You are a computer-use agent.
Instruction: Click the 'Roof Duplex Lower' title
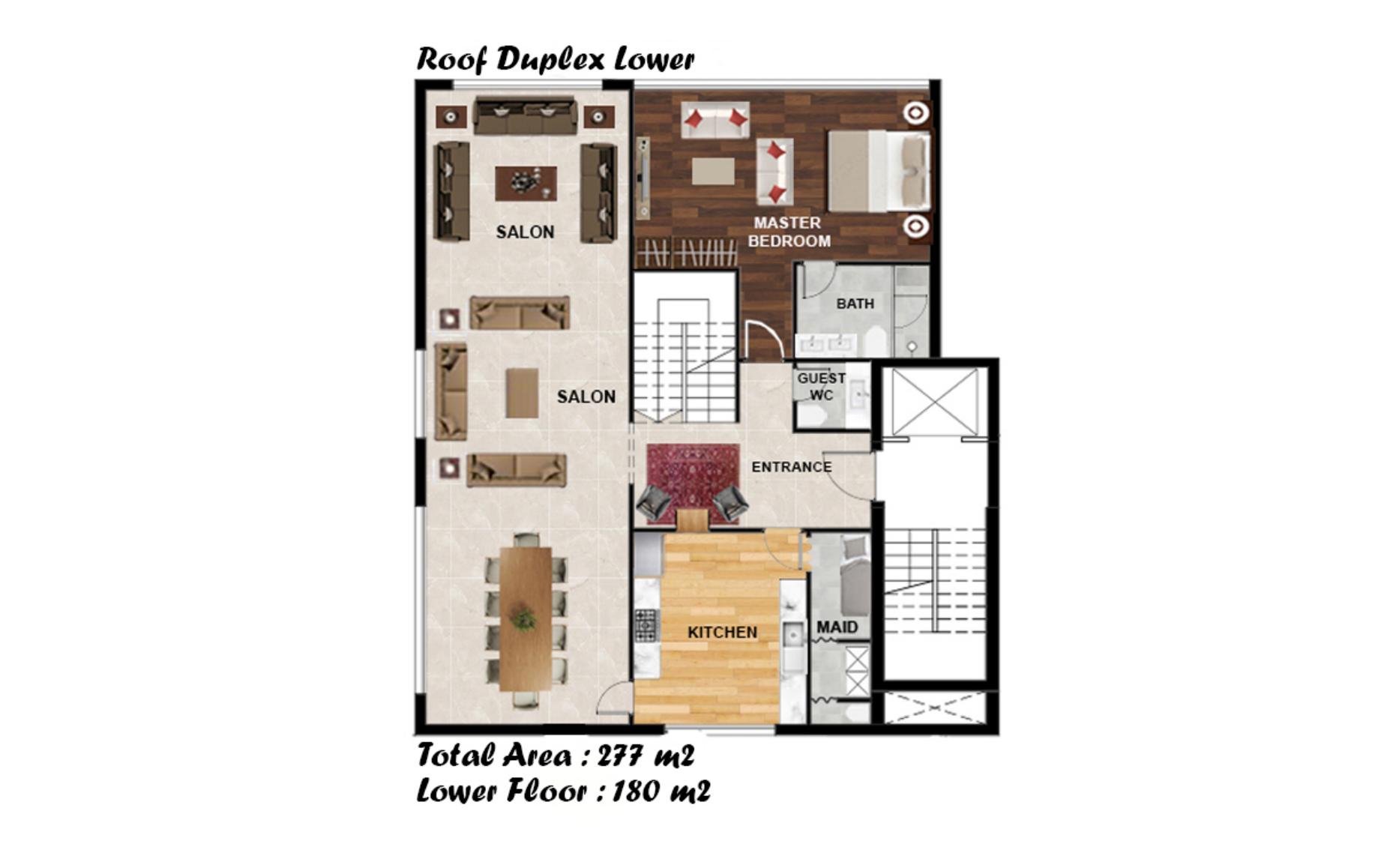pyautogui.click(x=556, y=59)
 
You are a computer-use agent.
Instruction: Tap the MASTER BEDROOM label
pyautogui.click(x=789, y=232)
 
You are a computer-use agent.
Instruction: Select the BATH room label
pyautogui.click(x=855, y=304)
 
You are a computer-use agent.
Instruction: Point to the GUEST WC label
pyautogui.click(x=821, y=386)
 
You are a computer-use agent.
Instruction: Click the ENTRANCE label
pyautogui.click(x=791, y=467)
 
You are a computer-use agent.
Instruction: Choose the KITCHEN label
pyautogui.click(x=722, y=633)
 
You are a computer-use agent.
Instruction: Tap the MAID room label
pyautogui.click(x=837, y=627)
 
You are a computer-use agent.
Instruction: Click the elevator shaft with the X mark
pyautogui.click(x=934, y=401)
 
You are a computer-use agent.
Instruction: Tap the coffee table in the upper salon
pyautogui.click(x=526, y=184)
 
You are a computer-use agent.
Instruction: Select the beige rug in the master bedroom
pyautogui.click(x=713, y=171)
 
